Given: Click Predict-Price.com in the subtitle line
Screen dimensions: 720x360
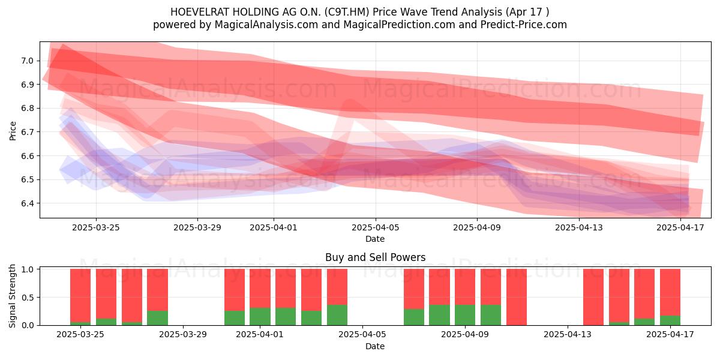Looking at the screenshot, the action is click(524, 25).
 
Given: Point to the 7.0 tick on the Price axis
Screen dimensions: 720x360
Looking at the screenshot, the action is click(27, 61).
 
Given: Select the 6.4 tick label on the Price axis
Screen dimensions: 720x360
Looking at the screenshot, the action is click(27, 203).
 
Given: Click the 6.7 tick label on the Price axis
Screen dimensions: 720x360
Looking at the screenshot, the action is click(27, 132).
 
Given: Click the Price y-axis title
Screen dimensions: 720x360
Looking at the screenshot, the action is click(13, 131).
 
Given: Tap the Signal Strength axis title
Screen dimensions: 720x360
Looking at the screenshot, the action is click(12, 296).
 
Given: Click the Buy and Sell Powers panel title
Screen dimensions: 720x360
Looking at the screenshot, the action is click(375, 257).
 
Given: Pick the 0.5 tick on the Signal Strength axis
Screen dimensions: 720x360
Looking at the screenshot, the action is click(27, 298).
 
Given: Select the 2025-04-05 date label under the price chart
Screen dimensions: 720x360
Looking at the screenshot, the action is click(375, 227).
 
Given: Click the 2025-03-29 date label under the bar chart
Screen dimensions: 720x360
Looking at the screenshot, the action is click(183, 334).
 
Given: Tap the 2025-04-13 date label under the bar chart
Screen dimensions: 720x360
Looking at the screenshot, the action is click(568, 334).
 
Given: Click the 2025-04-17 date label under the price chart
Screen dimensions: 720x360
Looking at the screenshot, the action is click(680, 227).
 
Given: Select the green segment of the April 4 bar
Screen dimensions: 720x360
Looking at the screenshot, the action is click(337, 315).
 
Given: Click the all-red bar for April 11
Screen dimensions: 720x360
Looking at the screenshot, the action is click(517, 297).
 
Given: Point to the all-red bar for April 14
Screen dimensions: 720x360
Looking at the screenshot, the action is click(593, 297).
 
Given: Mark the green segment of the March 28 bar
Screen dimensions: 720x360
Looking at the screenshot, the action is click(157, 318).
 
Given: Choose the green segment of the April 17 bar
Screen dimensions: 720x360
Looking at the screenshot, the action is click(670, 320).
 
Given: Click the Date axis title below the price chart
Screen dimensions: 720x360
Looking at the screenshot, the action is click(375, 239).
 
